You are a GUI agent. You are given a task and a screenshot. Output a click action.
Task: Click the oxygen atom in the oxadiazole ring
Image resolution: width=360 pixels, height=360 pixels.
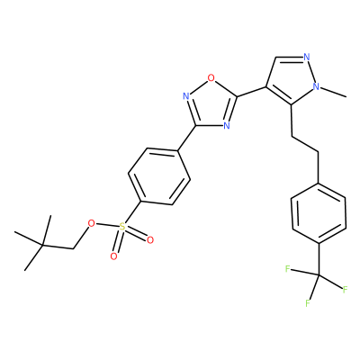[211, 78]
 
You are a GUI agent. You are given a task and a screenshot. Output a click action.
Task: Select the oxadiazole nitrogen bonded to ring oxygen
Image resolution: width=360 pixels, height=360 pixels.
[186, 96]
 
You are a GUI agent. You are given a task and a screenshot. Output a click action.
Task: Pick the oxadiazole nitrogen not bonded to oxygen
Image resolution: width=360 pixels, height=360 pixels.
[227, 125]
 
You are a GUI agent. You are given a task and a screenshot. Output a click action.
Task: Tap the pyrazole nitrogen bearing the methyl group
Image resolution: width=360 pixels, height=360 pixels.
[316, 86]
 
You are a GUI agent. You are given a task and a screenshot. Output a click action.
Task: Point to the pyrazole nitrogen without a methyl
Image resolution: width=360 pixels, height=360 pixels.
[306, 57]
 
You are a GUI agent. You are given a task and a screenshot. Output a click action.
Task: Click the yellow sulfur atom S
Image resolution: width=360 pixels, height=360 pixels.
[121, 227]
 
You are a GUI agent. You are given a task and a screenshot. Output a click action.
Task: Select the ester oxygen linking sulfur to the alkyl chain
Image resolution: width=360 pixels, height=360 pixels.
[91, 223]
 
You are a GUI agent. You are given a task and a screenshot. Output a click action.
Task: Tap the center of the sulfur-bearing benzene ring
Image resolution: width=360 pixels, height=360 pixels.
[159, 176]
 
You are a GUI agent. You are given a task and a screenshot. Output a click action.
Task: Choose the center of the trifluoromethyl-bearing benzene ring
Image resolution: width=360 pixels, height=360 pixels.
[319, 213]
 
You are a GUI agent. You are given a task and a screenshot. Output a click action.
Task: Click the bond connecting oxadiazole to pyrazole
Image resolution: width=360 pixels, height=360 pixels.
[251, 92]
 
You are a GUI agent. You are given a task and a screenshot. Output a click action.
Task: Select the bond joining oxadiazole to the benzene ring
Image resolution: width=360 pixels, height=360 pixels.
[187, 139]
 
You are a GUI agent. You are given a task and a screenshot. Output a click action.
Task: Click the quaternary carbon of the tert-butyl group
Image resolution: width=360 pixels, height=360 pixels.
[42, 246]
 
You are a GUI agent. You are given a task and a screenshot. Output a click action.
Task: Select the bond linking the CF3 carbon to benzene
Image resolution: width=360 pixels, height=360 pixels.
[319, 259]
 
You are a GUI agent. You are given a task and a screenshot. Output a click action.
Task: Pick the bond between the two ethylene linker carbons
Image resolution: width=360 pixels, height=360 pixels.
[305, 145]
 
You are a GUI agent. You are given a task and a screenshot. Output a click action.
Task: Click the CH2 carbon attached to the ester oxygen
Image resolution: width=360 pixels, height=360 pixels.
[74, 248]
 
